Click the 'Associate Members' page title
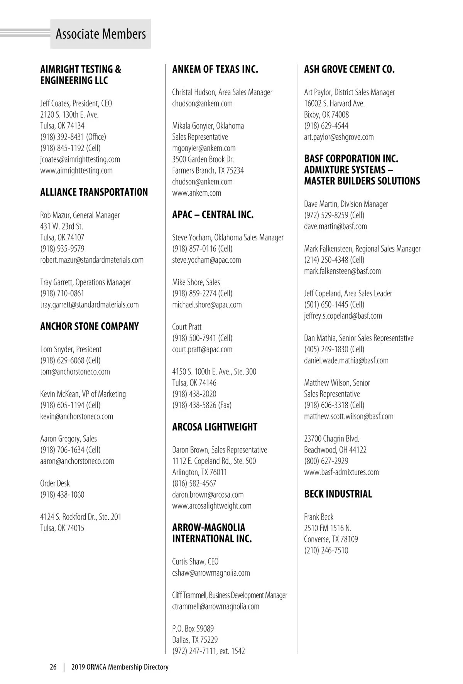tap(101, 34)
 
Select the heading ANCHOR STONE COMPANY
tap(89, 326)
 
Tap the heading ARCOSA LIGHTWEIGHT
tap(215, 427)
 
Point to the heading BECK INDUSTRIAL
tap(338, 494)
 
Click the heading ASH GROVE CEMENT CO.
tap(349, 69)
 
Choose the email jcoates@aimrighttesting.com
tap(80, 159)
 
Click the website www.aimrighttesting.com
tap(76, 171)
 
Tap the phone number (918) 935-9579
tap(62, 249)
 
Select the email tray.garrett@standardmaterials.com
tap(89, 305)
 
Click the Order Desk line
tap(55, 483)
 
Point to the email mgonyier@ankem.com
tap(204, 148)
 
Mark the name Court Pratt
tap(187, 327)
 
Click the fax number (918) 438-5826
tap(202, 405)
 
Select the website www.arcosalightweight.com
tap(211, 506)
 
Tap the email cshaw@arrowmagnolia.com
tap(211, 573)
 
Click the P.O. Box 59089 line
tap(193, 629)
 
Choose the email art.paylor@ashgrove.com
tap(339, 137)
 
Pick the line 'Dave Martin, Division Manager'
tap(346, 204)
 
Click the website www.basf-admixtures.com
tap(341, 472)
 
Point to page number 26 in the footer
tap(53, 667)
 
